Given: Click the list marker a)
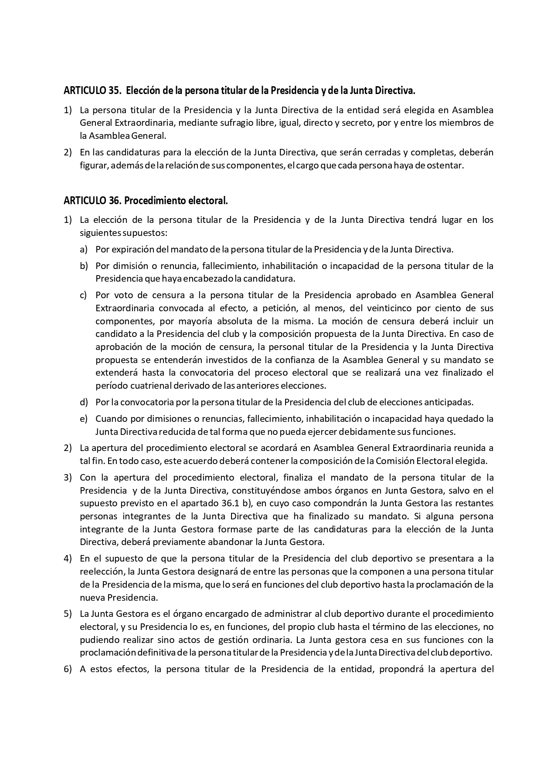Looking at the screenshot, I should pyautogui.click(x=83, y=249).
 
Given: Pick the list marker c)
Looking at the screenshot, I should pyautogui.click(x=83, y=295).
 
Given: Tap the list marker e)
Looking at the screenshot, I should pyautogui.click(x=83, y=419).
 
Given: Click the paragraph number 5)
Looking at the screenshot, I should pyautogui.click(x=68, y=614).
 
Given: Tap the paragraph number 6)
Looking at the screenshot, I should pyautogui.click(x=68, y=669).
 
